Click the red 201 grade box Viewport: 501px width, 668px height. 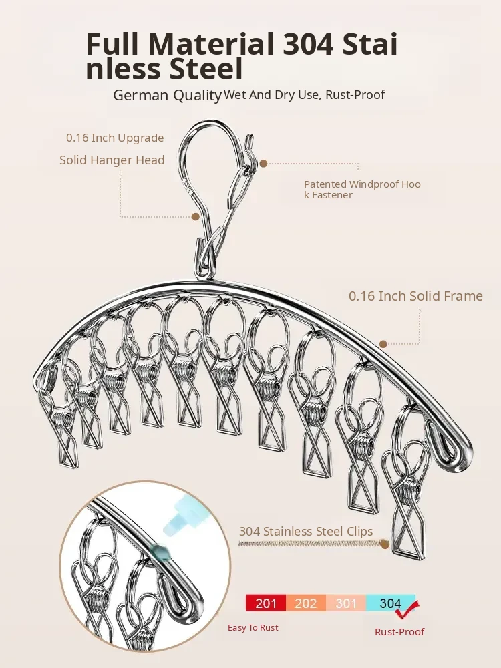[266, 603]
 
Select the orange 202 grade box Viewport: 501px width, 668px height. [306, 603]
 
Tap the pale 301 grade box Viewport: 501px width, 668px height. [346, 603]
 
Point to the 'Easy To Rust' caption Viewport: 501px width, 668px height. [253, 627]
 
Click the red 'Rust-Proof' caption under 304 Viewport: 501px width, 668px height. [399, 631]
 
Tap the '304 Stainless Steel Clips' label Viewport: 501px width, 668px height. [306, 532]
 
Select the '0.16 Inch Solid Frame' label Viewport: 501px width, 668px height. [415, 295]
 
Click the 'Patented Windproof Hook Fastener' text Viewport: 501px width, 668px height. [362, 189]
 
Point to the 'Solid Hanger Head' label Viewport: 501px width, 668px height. [112, 160]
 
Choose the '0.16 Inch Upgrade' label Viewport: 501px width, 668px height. [114, 138]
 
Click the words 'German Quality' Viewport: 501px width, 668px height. [167, 95]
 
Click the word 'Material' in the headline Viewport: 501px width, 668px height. [212, 44]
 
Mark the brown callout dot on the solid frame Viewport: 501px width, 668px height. [383, 344]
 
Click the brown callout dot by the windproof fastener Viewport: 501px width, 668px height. [264, 163]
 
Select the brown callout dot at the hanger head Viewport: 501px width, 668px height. [196, 216]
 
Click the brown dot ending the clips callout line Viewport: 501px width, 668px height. [385, 544]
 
